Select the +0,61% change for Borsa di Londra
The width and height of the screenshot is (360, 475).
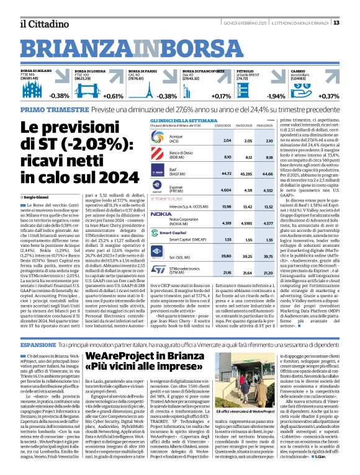pyautogui.click(x=114, y=96)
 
